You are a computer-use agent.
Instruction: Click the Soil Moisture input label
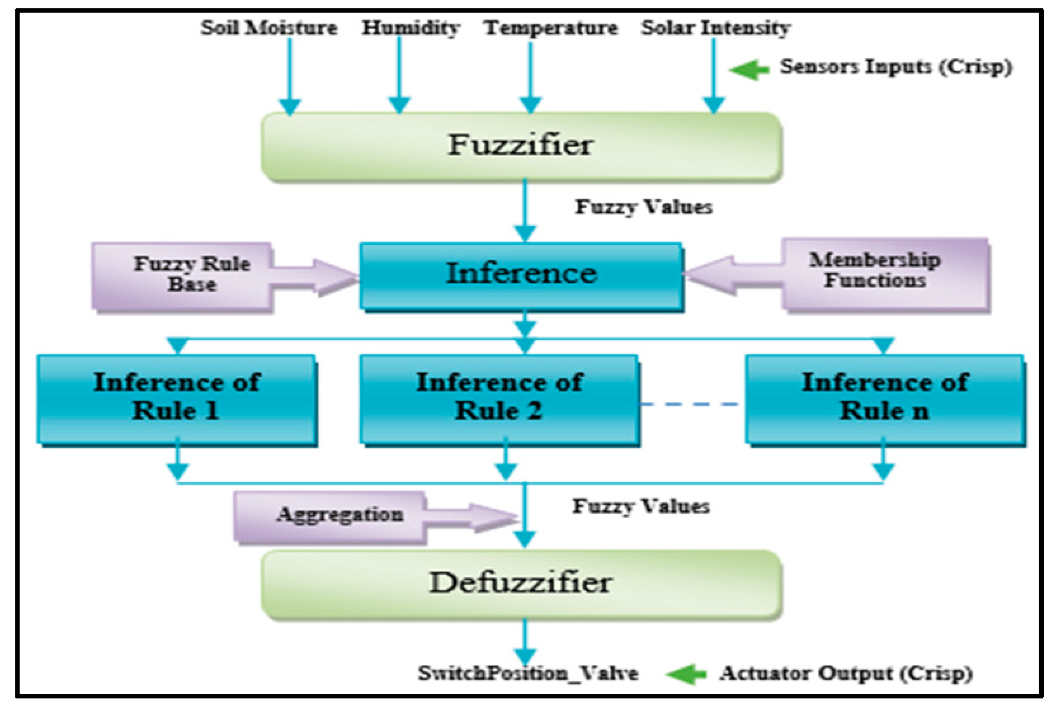[268, 27]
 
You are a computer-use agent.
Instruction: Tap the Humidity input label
[411, 27]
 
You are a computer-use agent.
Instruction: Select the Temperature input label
[550, 28]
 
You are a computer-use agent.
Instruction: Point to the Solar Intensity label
[715, 27]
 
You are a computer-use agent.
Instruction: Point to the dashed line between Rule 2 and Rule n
[692, 403]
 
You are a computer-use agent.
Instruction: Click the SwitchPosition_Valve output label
[527, 673]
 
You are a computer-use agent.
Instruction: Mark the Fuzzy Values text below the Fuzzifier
[643, 207]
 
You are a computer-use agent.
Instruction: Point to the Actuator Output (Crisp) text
[845, 673]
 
